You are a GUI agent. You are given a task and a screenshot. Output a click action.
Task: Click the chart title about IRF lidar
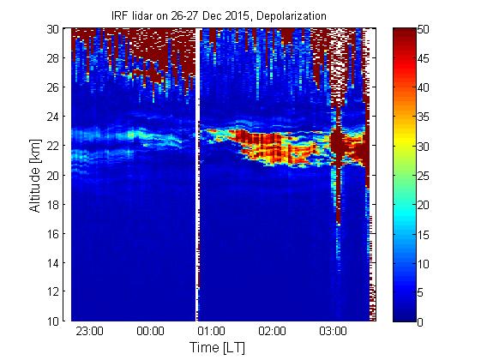click(x=219, y=15)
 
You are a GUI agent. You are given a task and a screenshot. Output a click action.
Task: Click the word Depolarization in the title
click(x=292, y=15)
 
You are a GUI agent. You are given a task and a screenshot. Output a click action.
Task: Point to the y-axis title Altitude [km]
click(x=35, y=176)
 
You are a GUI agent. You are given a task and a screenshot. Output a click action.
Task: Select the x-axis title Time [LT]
click(x=217, y=348)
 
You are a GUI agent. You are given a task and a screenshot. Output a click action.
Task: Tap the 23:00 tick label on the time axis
click(x=89, y=331)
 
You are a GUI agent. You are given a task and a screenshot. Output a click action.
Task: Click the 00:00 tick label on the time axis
click(x=150, y=331)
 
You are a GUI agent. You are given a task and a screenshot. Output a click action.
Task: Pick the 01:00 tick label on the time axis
click(x=211, y=331)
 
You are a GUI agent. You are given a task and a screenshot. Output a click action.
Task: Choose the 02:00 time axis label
click(x=272, y=331)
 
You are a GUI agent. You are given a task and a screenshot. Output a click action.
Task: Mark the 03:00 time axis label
click(x=333, y=331)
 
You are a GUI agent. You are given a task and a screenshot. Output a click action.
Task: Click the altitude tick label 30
click(x=53, y=29)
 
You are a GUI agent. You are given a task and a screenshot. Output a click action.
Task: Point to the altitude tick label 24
click(x=53, y=117)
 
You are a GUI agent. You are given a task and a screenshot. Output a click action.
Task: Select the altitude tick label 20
click(x=53, y=175)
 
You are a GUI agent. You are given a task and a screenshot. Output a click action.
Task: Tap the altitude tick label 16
click(x=53, y=234)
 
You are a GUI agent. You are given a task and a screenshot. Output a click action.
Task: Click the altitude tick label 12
click(x=53, y=291)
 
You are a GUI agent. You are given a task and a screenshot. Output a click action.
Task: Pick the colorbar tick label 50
click(x=423, y=30)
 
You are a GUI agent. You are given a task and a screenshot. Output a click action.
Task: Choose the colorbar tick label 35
click(x=423, y=117)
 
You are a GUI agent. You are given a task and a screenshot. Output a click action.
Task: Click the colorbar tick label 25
click(x=423, y=176)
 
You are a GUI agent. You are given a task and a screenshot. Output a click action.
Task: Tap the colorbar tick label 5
click(x=420, y=293)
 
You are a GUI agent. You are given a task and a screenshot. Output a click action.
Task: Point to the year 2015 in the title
click(x=237, y=15)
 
